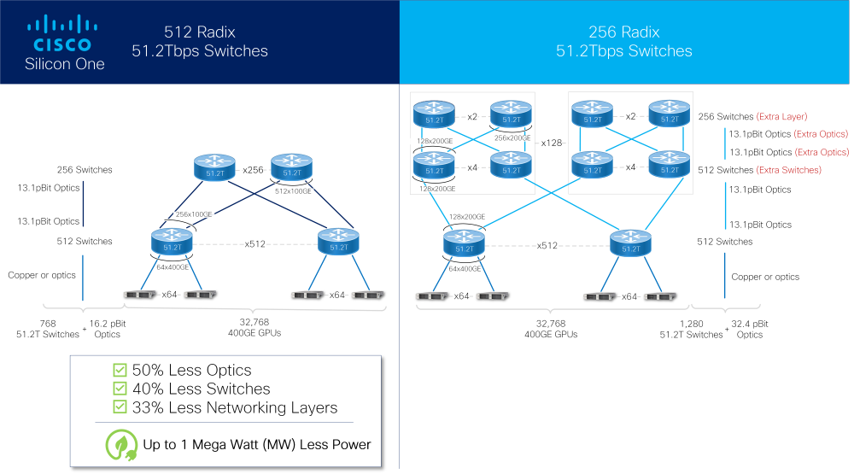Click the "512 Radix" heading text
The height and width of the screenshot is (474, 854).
pos(200,32)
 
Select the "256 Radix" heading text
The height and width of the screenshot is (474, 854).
pos(623,32)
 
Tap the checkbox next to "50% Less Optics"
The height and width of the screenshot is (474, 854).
pos(120,370)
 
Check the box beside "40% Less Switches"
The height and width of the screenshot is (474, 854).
pos(120,389)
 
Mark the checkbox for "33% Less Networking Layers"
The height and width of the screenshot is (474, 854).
pos(120,407)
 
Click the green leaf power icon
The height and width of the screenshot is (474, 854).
pos(120,445)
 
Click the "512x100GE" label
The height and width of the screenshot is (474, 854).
pos(292,191)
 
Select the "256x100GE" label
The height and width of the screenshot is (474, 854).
pos(194,214)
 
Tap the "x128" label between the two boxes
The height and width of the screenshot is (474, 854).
pos(552,143)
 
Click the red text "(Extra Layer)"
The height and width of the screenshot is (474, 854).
pos(781,116)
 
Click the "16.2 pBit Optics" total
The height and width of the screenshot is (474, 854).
pos(108,330)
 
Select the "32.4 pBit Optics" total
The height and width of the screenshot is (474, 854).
pos(749,330)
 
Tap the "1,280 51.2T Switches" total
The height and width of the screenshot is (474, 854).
pos(691,330)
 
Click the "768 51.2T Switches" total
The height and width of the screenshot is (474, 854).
pos(48,330)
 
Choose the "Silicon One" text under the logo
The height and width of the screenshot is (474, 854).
pos(65,64)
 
